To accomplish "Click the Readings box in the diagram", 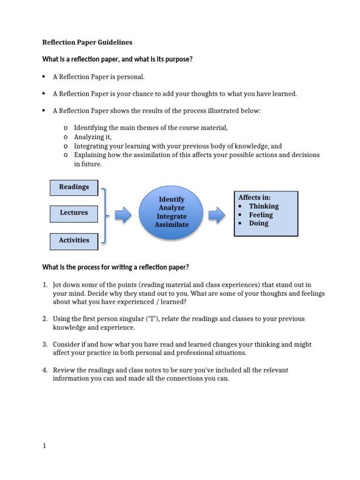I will click(74, 187).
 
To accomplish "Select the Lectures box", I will click(74, 213).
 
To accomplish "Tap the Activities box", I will click(74, 240).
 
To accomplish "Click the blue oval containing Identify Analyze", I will click(172, 212).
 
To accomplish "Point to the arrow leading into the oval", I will click(123, 216).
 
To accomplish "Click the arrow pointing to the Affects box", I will click(217, 216).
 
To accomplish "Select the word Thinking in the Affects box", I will click(263, 206).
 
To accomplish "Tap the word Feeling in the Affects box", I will click(261, 215).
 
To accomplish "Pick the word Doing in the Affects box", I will click(259, 224).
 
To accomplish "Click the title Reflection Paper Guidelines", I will click(87, 43).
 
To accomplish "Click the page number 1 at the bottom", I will click(45, 446).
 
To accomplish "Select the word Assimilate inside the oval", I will click(172, 225).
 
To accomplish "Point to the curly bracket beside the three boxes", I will click(105, 216).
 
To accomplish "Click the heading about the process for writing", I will click(116, 267).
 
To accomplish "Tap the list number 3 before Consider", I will click(45, 345).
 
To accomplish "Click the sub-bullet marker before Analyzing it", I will click(65, 137).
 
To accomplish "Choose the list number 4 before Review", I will click(45, 370).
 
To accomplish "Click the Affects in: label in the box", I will click(255, 197).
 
